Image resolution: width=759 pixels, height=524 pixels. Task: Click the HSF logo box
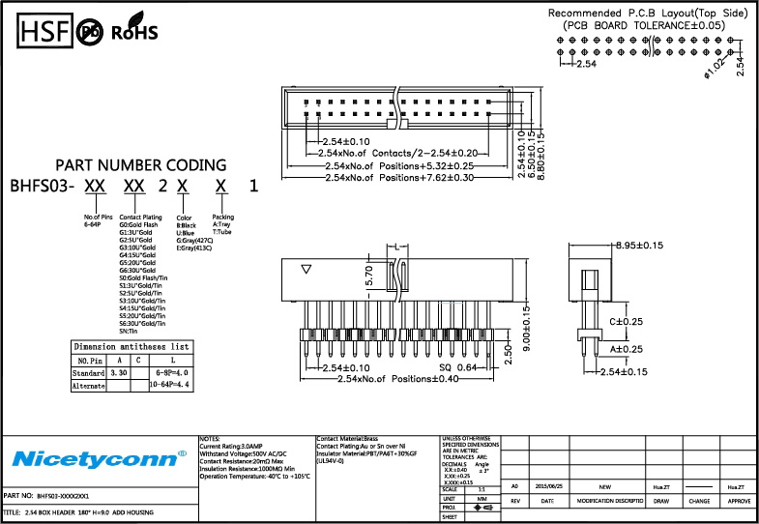click(42, 31)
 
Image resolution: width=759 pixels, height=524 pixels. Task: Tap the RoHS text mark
click(133, 32)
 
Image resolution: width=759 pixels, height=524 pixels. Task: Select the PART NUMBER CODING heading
click(141, 165)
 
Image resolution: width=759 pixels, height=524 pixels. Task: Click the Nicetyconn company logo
click(97, 455)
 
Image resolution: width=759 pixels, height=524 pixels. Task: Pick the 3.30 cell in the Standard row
click(119, 371)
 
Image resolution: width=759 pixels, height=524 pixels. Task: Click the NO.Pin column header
click(90, 359)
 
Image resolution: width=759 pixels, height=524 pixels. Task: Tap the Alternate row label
click(89, 384)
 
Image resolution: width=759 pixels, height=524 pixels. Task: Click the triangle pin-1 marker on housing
click(307, 271)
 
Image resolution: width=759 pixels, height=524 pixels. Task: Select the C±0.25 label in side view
click(626, 321)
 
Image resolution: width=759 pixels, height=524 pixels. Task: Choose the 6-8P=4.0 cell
click(172, 371)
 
